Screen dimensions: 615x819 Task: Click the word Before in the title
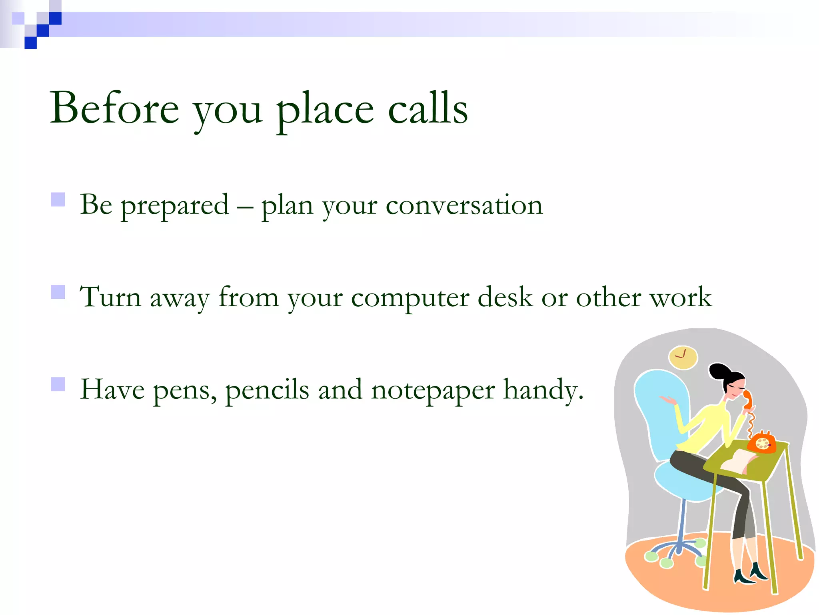114,108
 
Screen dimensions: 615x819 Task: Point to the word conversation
464,205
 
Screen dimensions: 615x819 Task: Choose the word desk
505,297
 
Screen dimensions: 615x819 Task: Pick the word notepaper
433,390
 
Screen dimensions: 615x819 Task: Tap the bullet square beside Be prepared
58,199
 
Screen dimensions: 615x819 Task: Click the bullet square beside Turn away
58,292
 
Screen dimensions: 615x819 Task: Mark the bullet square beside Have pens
58,384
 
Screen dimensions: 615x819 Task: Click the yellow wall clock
683,357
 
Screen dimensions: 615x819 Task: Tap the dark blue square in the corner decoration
31,42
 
